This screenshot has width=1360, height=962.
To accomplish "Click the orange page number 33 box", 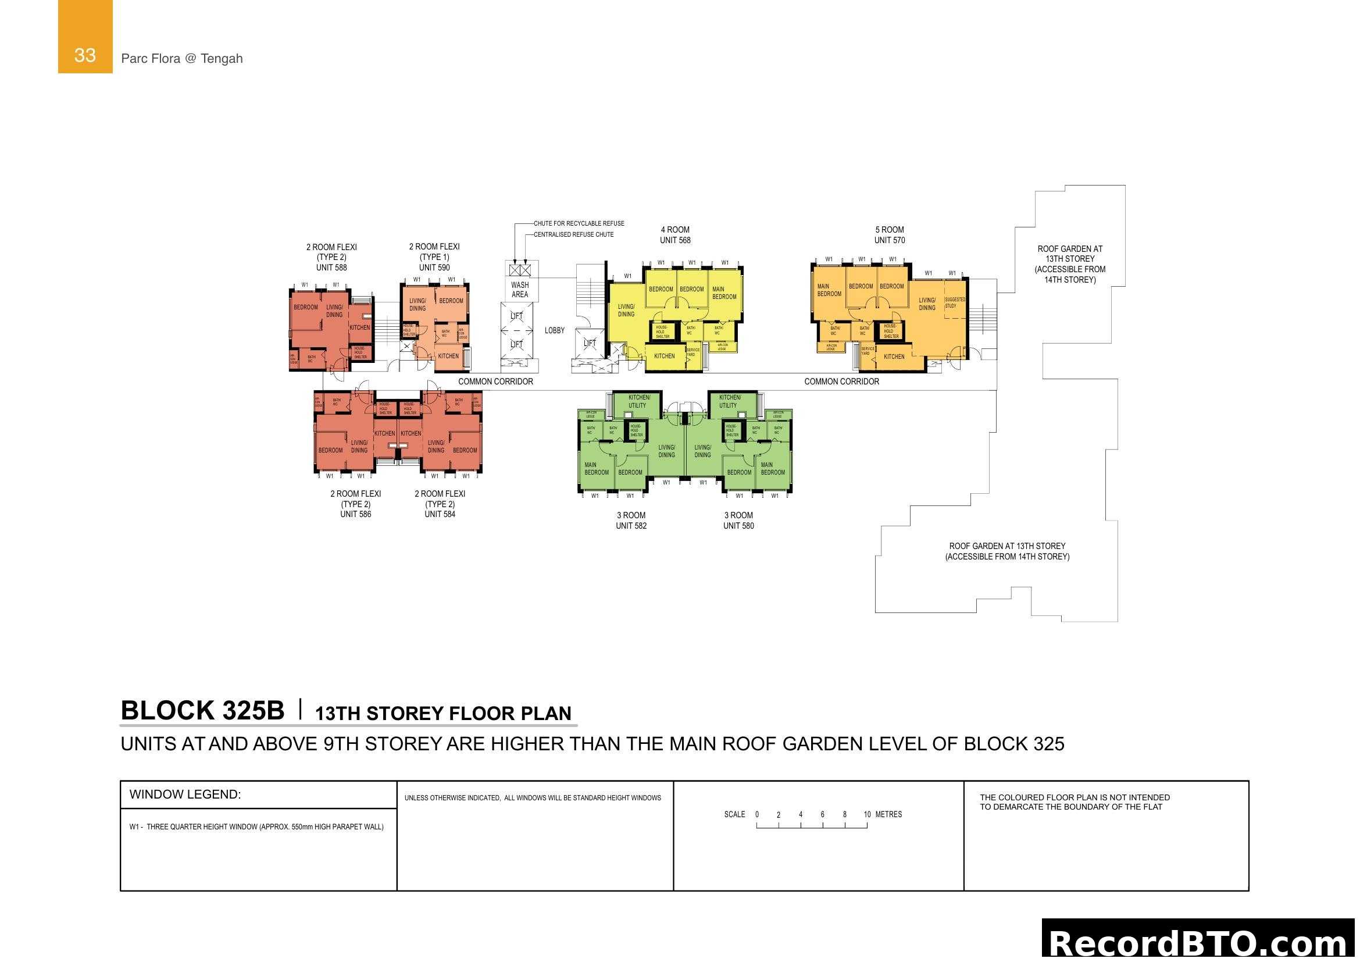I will [x=85, y=37].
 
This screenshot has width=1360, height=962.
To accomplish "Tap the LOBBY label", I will [x=555, y=330].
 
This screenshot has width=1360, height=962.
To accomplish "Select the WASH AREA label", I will [x=519, y=290].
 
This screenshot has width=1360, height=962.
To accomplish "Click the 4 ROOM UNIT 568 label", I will [x=675, y=235].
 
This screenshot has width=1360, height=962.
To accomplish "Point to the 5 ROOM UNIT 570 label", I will [x=890, y=235].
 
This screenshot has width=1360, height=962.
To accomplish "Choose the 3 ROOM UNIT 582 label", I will [x=631, y=521].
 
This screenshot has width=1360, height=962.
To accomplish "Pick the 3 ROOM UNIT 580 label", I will [x=738, y=521].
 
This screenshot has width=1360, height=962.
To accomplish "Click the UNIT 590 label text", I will [x=434, y=268].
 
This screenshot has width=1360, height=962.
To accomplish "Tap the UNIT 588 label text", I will [x=331, y=268].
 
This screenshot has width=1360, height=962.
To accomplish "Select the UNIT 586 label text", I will [x=355, y=514].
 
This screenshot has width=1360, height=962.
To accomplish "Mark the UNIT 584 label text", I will [x=440, y=514].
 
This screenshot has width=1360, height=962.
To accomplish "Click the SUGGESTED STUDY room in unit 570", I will [x=954, y=302].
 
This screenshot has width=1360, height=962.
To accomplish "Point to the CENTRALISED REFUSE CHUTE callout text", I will [x=573, y=234].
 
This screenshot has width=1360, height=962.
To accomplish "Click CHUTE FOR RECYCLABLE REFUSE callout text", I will [x=579, y=223].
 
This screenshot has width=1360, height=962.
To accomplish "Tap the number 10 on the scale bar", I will [x=867, y=814].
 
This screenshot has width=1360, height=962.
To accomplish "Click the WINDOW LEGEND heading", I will [x=185, y=795].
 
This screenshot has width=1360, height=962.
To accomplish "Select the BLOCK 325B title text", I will [x=202, y=711].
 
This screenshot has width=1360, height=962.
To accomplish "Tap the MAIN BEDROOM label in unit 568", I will [x=724, y=293].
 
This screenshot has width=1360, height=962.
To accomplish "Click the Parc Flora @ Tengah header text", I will [x=182, y=59].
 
